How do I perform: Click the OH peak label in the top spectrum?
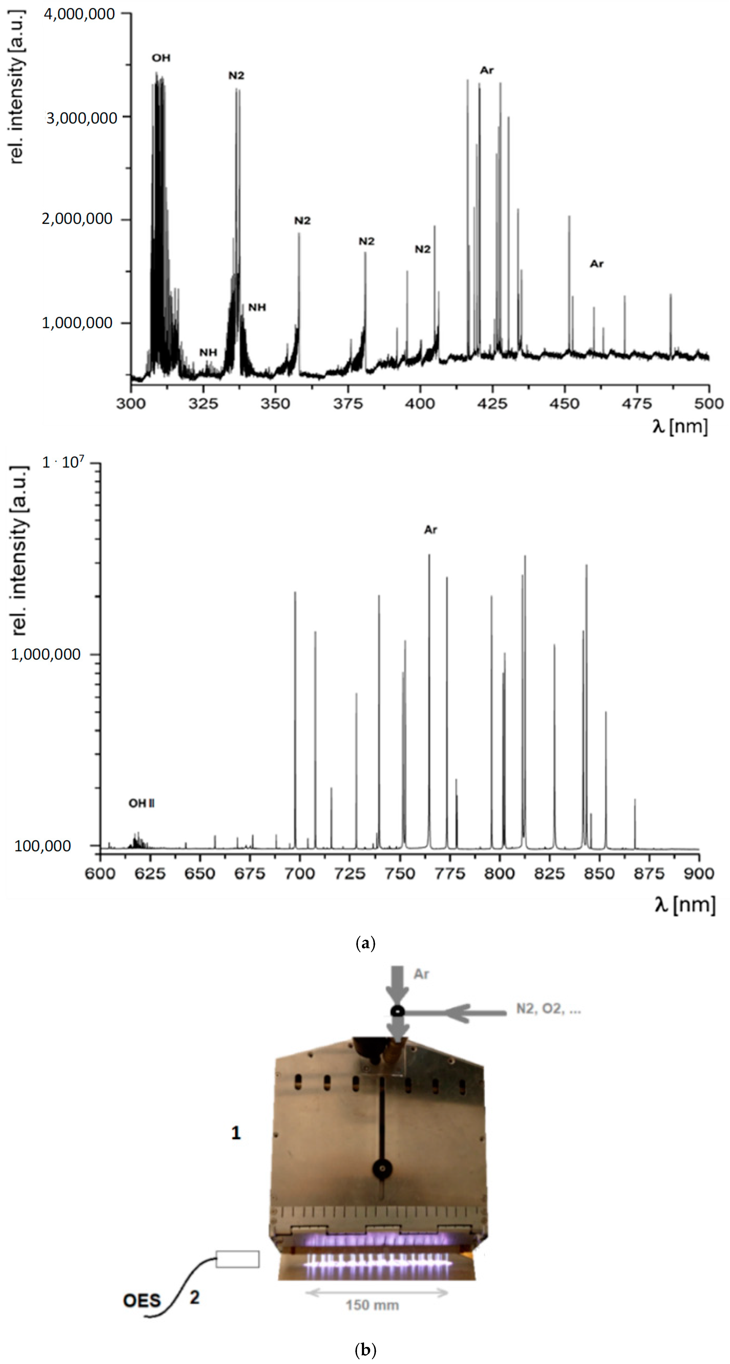pyautogui.click(x=161, y=58)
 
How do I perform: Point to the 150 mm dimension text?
pyautogui.click(x=372, y=1305)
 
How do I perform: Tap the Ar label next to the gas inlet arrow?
pyautogui.click(x=421, y=974)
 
